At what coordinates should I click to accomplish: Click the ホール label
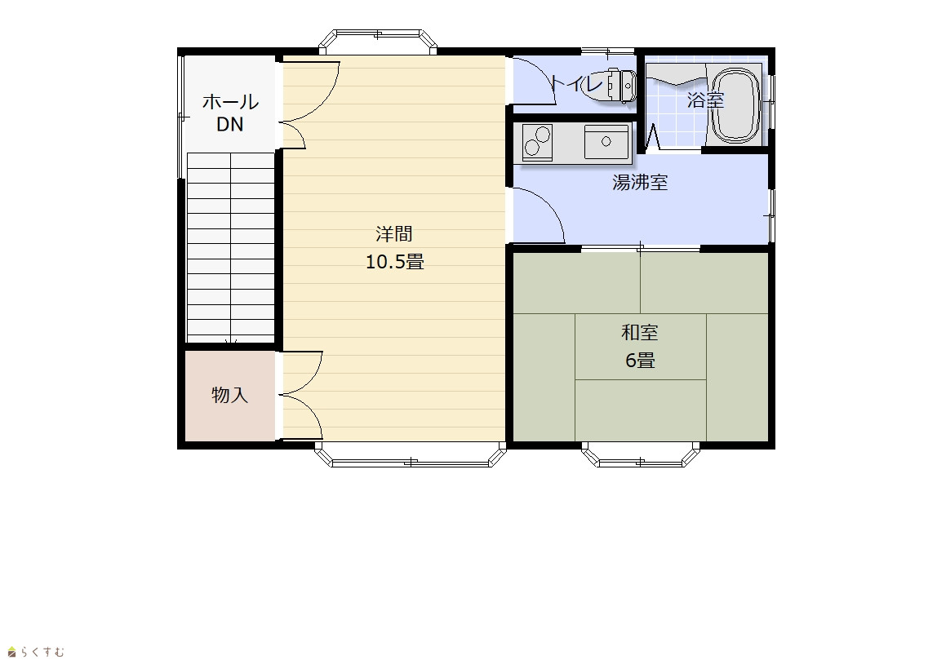(230, 102)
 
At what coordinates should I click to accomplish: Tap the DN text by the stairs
(230, 124)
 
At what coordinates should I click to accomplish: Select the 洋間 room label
(394, 233)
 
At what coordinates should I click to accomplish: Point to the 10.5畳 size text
(395, 262)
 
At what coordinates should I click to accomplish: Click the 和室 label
(640, 332)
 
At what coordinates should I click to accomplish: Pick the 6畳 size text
(640, 360)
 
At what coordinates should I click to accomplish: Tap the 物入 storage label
(230, 395)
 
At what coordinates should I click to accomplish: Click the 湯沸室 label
(640, 182)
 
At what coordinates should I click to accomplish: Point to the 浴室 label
(706, 100)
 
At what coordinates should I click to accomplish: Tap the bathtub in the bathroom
(737, 106)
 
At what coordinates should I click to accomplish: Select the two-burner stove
(537, 142)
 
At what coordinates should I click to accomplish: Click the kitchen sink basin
(606, 142)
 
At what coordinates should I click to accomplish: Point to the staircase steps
(231, 247)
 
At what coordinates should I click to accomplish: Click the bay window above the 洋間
(378, 42)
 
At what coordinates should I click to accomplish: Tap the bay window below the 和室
(641, 454)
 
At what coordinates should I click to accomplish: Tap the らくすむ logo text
(36, 652)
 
